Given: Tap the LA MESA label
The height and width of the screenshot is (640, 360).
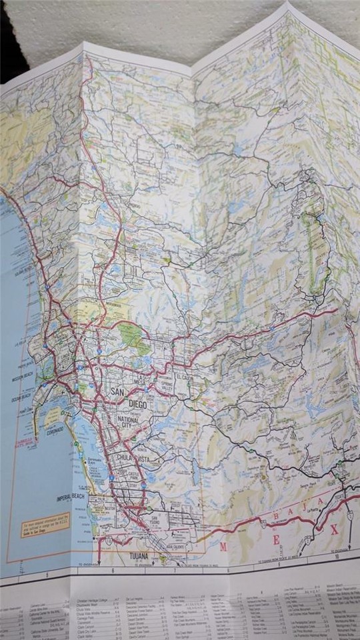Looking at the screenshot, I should pyautogui.click(x=141, y=382).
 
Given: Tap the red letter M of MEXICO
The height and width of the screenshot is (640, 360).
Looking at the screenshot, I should pyautogui.click(x=224, y=546).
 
